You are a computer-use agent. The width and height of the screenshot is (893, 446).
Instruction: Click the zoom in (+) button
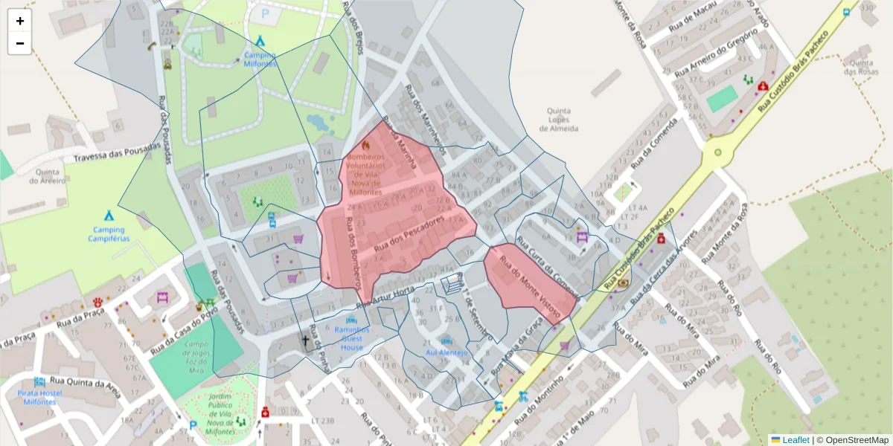pyautogui.click(x=20, y=21)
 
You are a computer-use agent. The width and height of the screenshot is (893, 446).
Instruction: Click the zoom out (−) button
pyautogui.click(x=20, y=43)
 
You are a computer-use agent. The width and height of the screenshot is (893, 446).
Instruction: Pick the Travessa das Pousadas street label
pyautogui.click(x=117, y=152)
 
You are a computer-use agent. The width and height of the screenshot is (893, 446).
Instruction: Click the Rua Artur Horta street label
pyautogui.click(x=385, y=296)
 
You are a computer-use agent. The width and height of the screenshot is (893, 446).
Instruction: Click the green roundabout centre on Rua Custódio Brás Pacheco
pyautogui.click(x=718, y=152)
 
